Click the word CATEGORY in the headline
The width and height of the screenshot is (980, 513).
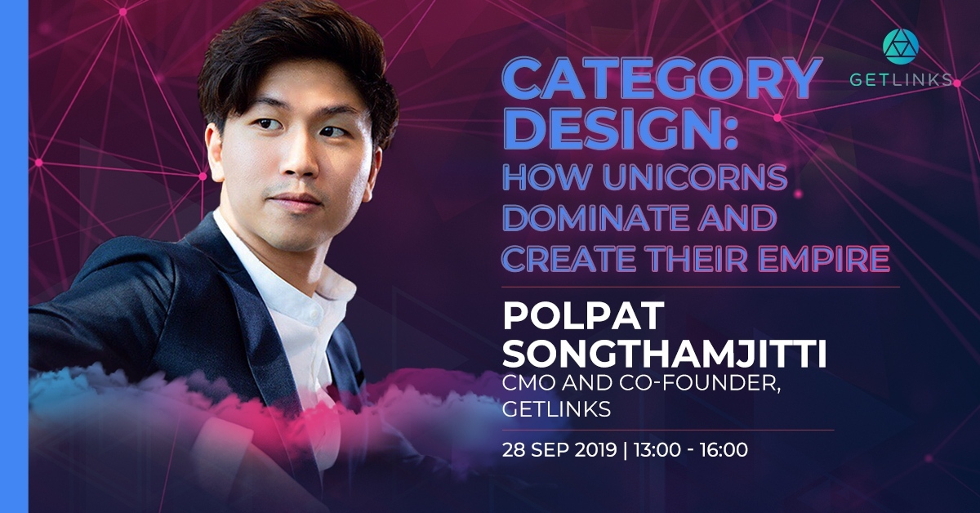pos(661,79)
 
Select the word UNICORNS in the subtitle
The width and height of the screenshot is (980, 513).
pos(695,178)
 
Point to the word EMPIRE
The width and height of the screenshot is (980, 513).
pos(824,259)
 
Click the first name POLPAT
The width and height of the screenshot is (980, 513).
pos(583,315)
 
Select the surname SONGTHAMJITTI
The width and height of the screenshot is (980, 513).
pos(664,353)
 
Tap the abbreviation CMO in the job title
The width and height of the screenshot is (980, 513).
pos(528,384)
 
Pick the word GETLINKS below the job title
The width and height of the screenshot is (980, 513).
pos(556,410)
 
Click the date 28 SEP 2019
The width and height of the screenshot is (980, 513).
pos(559,450)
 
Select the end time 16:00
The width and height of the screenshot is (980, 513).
pos(724,450)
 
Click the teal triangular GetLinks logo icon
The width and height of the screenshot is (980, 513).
pos(900,47)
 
